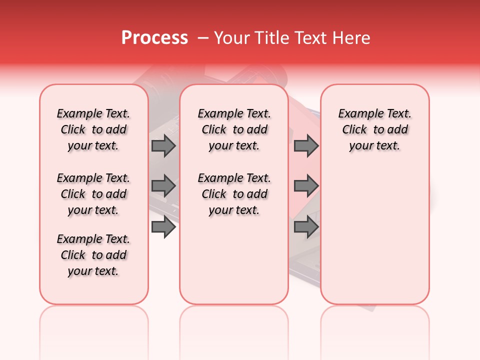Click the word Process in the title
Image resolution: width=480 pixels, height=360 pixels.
coord(154,38)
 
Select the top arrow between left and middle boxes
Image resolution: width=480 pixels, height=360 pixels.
coord(163,145)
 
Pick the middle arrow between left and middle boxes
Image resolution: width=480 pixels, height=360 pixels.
coord(163,186)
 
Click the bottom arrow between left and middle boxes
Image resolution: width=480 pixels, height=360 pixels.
coord(163,227)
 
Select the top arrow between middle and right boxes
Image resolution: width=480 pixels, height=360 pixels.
coord(306,145)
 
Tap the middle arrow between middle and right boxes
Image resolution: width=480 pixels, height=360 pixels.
coord(306,186)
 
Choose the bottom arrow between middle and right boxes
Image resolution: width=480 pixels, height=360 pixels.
coord(306,227)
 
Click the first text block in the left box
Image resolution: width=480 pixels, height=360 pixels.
coord(93,129)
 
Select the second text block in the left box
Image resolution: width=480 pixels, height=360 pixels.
coord(93,194)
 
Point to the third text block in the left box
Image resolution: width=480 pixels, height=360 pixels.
coord(93,255)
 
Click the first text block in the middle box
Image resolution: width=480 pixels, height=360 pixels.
coord(234,129)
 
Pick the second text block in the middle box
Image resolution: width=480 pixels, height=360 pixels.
coord(234,194)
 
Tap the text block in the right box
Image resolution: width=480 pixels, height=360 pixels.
coord(375,129)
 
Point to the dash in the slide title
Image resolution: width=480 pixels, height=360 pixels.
coord(203,38)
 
